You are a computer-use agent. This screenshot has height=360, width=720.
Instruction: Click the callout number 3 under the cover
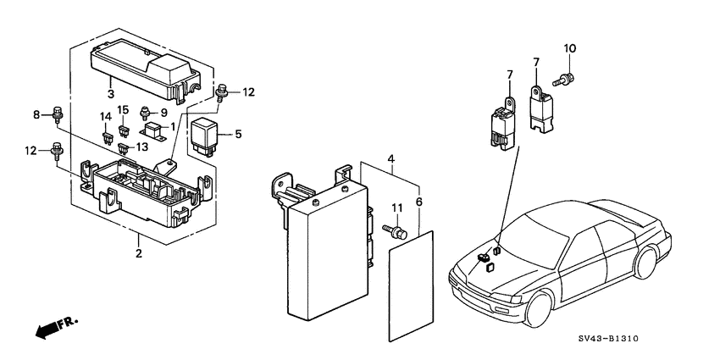coord(110,93)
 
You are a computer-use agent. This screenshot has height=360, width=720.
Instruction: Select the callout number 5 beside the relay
coord(238,133)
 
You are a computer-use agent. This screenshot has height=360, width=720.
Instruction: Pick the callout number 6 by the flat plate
coord(418,202)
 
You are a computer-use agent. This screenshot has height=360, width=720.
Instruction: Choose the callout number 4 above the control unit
coord(390,158)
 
